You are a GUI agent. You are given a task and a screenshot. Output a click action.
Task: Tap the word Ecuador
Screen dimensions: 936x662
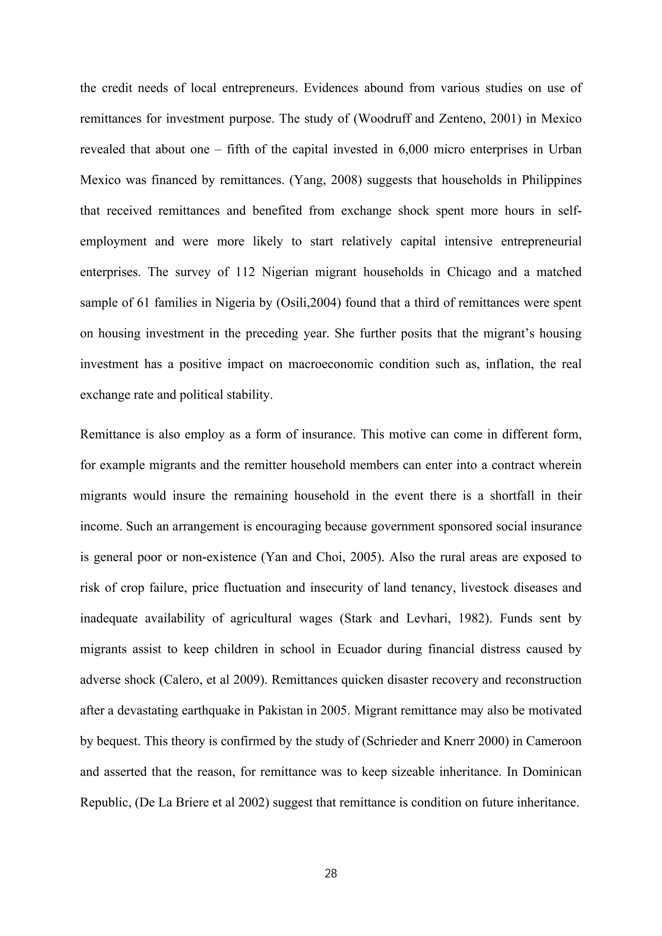(x=359, y=649)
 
